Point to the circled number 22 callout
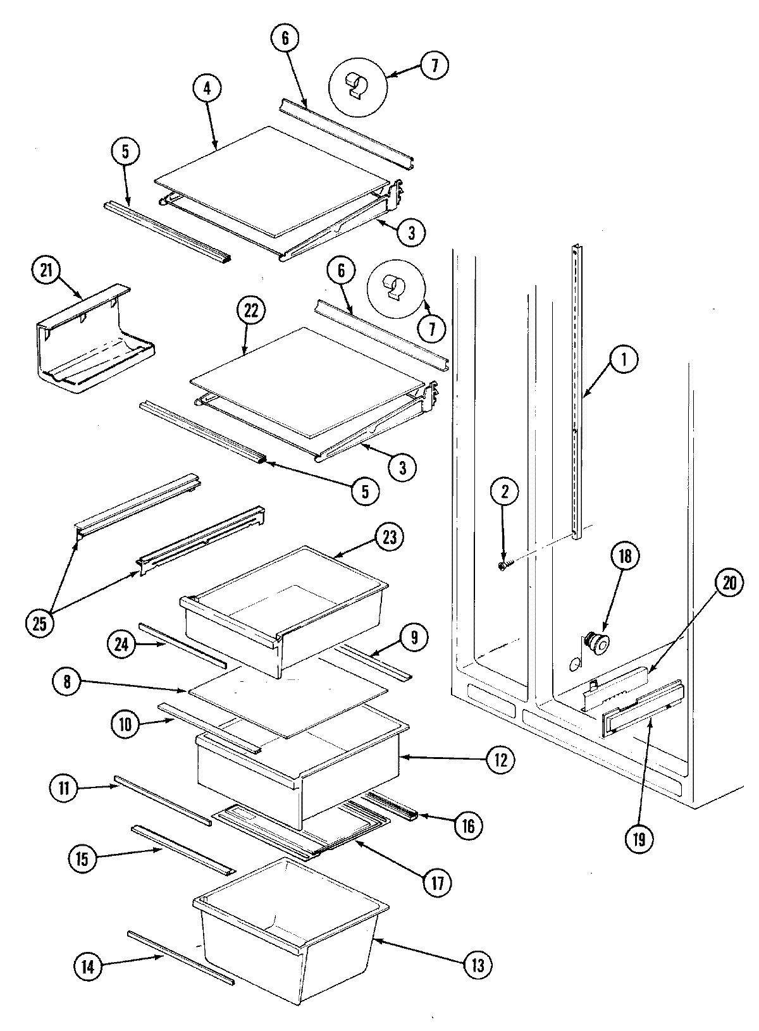(251, 312)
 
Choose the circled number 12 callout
(500, 760)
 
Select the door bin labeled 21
(95, 342)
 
